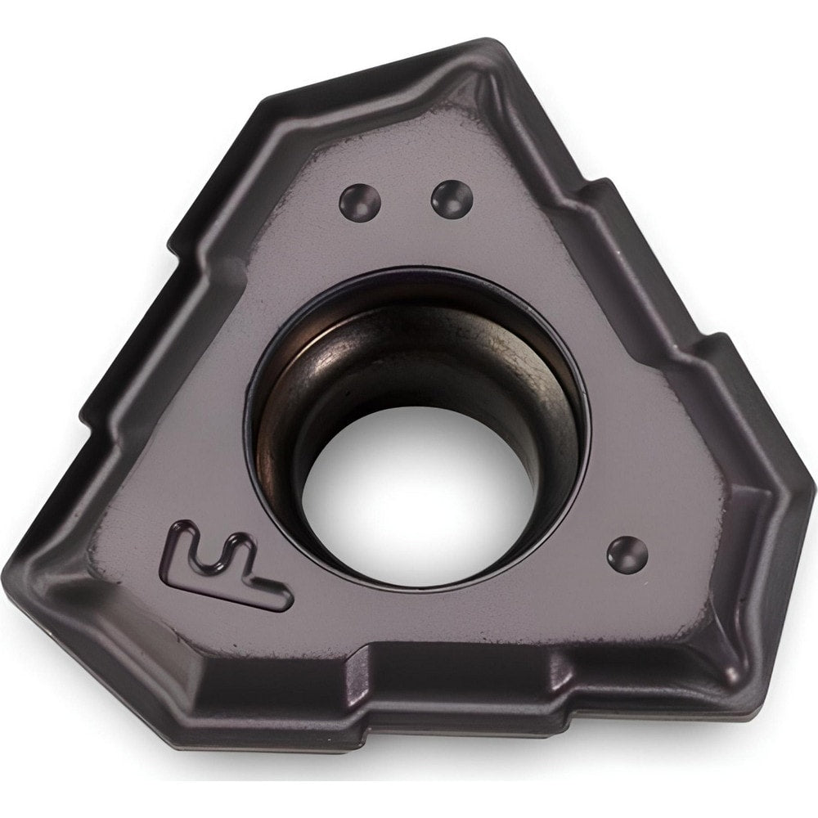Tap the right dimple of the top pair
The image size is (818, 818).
coord(452,198)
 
